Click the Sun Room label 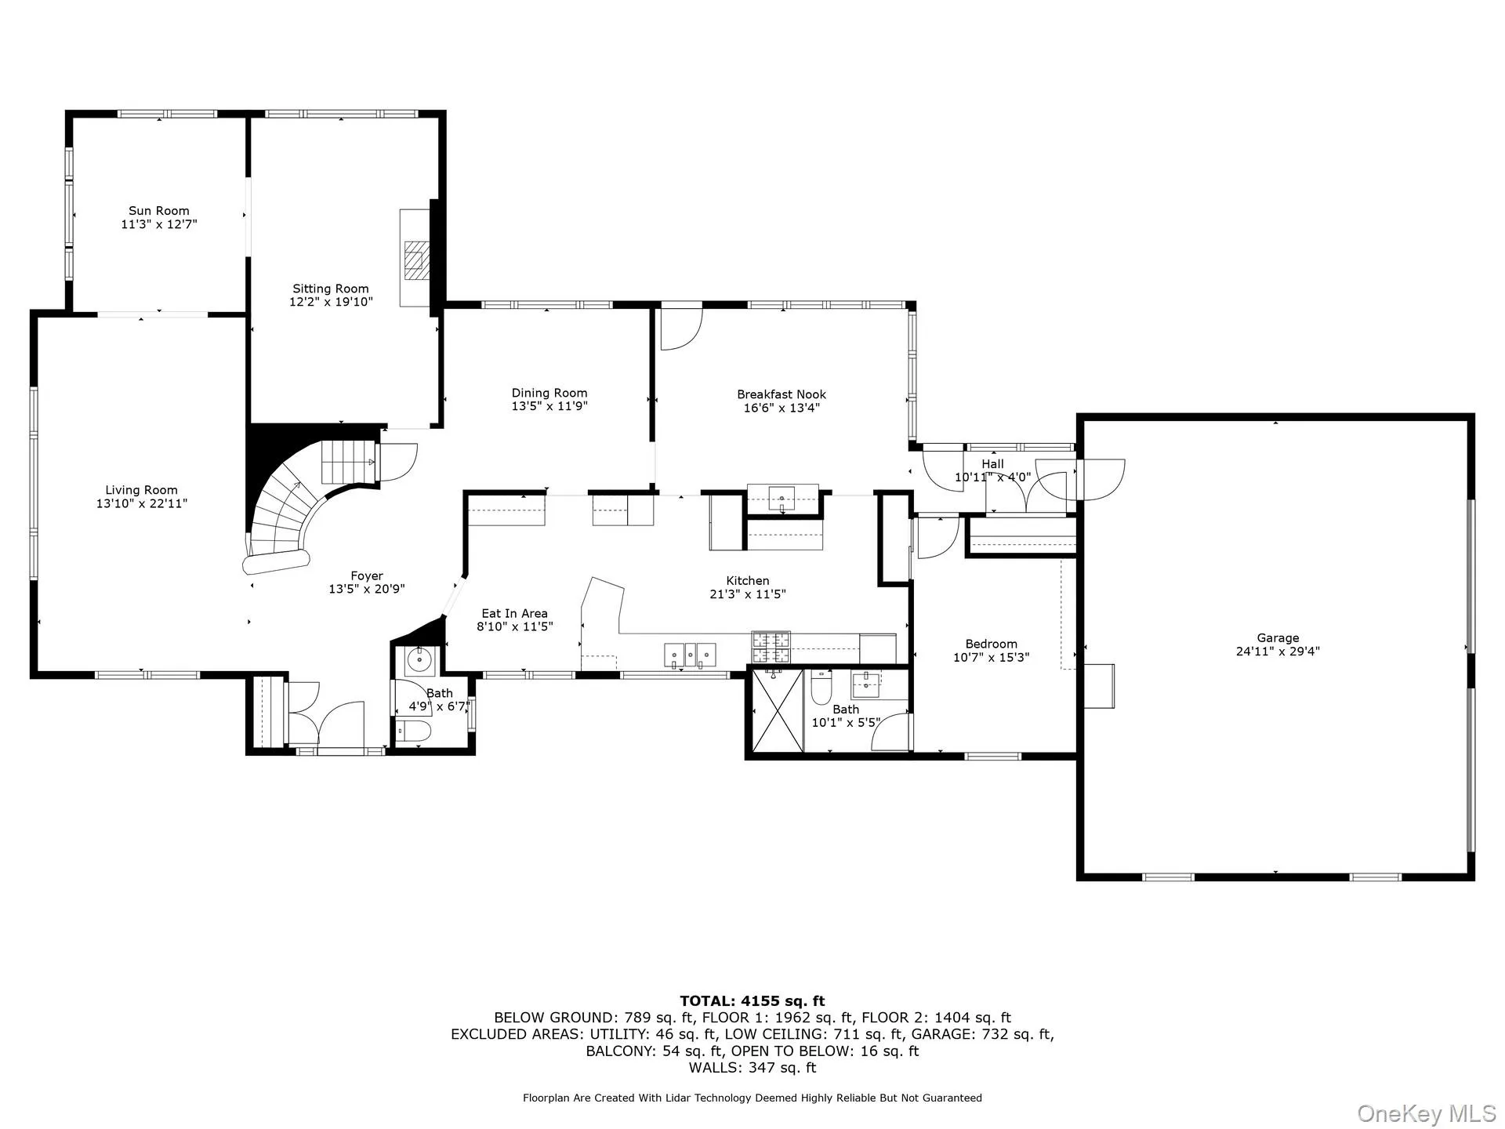pyautogui.click(x=158, y=210)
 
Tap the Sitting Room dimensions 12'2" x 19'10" pyautogui.click(x=331, y=302)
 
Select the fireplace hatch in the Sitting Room pyautogui.click(x=416, y=260)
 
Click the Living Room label pyautogui.click(x=141, y=490)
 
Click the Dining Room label pyautogui.click(x=549, y=393)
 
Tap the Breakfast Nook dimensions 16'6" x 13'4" pyautogui.click(x=781, y=408)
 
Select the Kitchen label pyautogui.click(x=747, y=581)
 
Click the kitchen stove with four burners pyautogui.click(x=771, y=648)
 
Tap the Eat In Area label pyautogui.click(x=514, y=614)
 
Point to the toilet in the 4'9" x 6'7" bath pyautogui.click(x=413, y=731)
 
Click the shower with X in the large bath pyautogui.click(x=777, y=710)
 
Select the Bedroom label pyautogui.click(x=991, y=644)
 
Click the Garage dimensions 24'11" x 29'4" pyautogui.click(x=1278, y=651)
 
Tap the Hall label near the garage pyautogui.click(x=992, y=464)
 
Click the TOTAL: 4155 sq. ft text pyautogui.click(x=752, y=1000)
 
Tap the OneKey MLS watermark pyautogui.click(x=1426, y=1113)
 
